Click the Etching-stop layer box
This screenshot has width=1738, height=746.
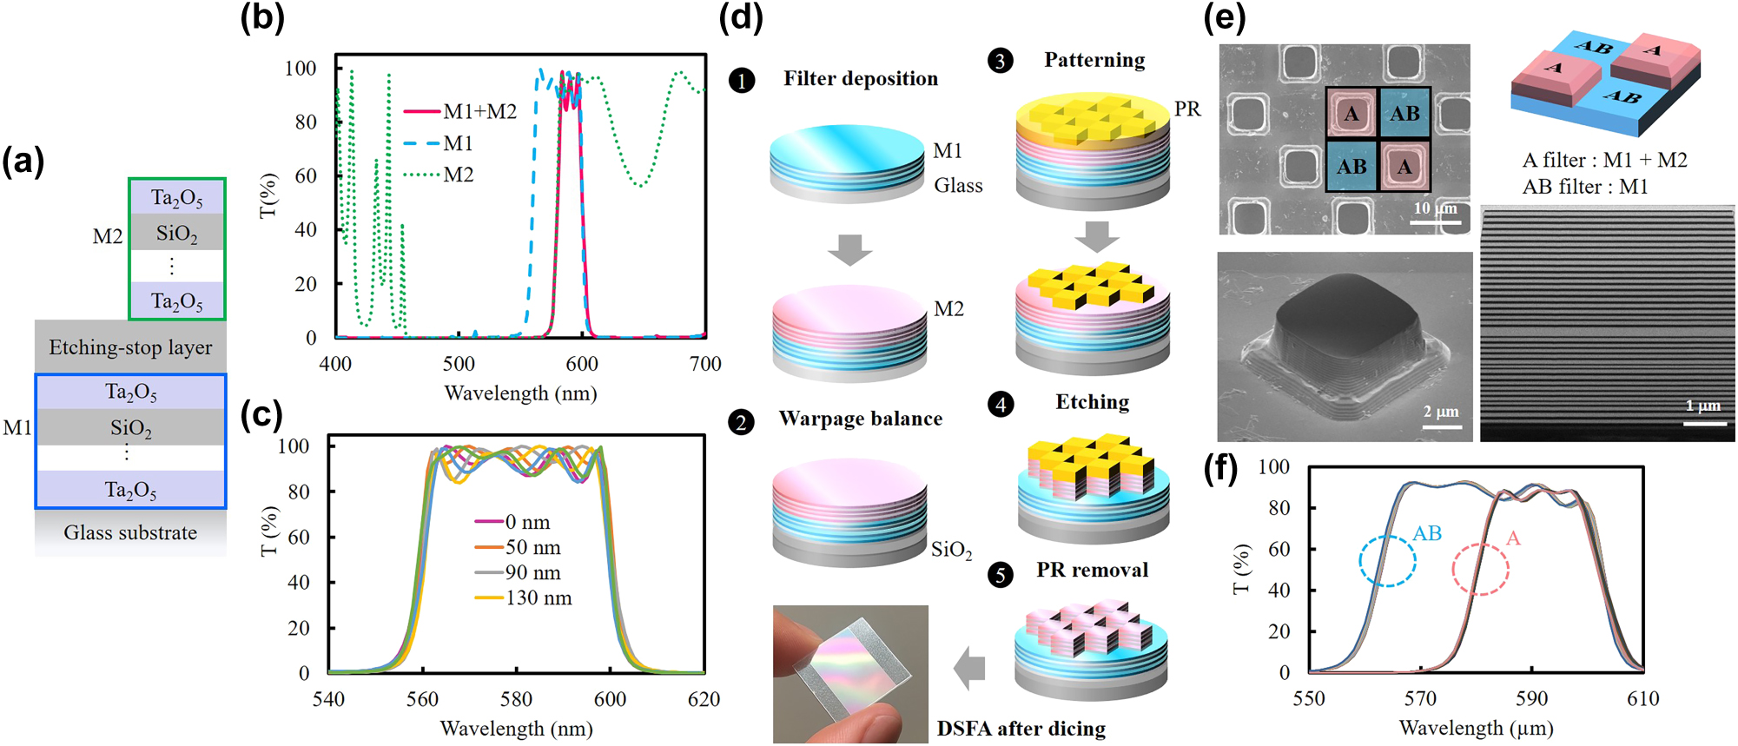point(130,347)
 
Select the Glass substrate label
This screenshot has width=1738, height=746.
point(130,532)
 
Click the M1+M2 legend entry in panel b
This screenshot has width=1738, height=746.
point(461,112)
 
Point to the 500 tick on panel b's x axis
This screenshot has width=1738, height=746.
point(459,364)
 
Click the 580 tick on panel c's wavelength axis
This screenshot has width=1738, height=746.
point(516,699)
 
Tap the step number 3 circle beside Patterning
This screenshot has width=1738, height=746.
point(1001,61)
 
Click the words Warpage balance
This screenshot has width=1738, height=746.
point(860,419)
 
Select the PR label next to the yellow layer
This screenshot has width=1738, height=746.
point(1187,109)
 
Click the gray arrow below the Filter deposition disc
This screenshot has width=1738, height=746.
point(849,249)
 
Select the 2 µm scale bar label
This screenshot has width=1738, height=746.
point(1441,412)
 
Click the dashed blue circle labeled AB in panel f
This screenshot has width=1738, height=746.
point(1387,561)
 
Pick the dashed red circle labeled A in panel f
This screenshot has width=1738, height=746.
point(1480,570)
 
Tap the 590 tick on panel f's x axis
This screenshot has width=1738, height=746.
point(1531,699)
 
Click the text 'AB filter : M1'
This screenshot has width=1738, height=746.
point(1584,187)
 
